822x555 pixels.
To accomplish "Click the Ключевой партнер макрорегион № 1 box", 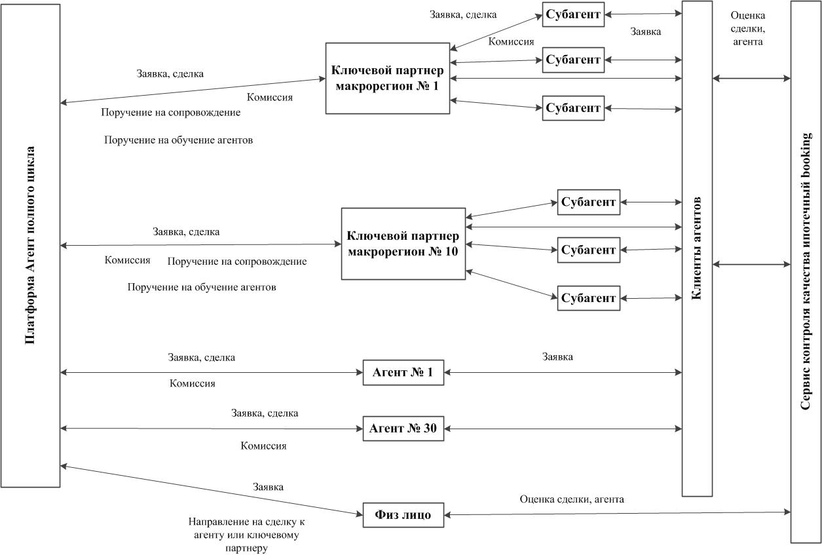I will point(387,78).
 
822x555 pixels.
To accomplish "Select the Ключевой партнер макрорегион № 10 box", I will point(403,243).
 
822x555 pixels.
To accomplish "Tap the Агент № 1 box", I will point(403,373).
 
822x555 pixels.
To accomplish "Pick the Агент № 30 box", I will point(403,429).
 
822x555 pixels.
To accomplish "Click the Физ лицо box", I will point(403,514).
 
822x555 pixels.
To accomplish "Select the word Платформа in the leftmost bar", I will point(30,314).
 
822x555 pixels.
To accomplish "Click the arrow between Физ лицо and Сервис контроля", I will point(616,513).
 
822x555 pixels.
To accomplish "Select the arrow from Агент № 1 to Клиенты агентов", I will point(563,373).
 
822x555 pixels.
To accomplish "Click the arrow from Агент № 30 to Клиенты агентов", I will point(563,429).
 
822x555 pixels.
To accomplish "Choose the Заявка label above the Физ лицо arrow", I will point(268,487).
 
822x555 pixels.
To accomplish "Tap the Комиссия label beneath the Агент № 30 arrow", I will point(263,446).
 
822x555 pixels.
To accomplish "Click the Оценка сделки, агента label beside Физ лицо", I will point(572,499).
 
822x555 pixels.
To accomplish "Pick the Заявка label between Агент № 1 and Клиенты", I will point(557,357).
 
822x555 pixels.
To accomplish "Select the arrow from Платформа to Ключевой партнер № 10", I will point(200,245).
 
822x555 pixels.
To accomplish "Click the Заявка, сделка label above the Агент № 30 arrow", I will point(265,413).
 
